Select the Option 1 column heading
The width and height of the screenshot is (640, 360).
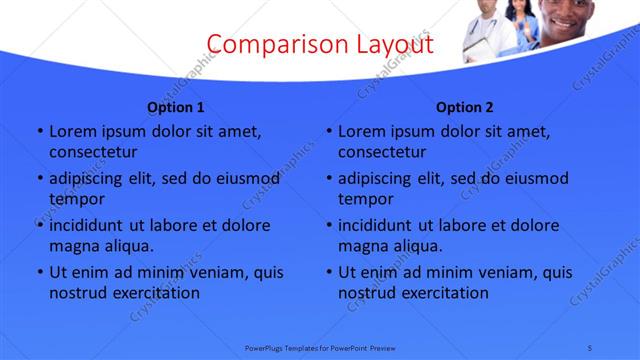[x=176, y=107]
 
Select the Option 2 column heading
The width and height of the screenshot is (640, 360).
[x=465, y=107]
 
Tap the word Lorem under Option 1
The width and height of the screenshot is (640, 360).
[x=72, y=131]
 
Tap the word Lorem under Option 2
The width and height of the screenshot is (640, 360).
[x=361, y=131]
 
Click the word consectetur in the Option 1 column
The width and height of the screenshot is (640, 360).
[x=93, y=152]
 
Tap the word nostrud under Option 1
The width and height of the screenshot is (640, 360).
[x=77, y=293]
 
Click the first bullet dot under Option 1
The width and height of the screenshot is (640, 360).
[x=39, y=132]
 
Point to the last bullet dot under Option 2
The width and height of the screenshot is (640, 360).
[x=328, y=273]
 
